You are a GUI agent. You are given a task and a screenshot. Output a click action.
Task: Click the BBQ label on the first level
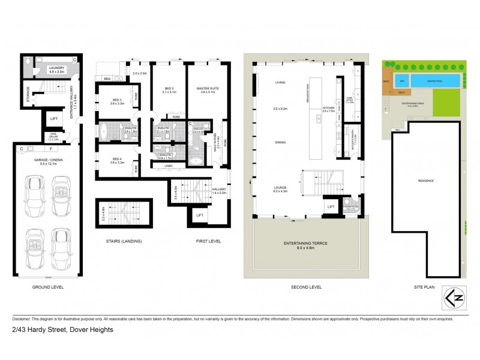(x=107, y=78)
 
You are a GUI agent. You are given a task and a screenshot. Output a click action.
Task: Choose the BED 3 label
(x=116, y=100)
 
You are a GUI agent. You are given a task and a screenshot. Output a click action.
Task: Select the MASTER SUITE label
(x=207, y=89)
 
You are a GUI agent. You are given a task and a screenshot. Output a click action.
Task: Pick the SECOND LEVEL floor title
(x=306, y=287)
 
